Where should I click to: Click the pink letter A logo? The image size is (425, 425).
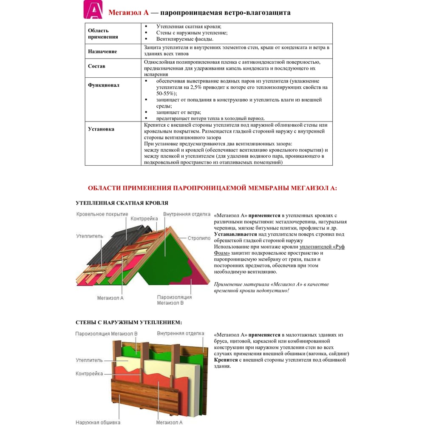pos(93,10)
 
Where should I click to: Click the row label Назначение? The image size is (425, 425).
pos(102,51)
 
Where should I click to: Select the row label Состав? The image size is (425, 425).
pos(96,66)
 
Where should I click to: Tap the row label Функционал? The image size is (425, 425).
pos(104,85)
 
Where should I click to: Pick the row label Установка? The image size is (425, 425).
pos(101,129)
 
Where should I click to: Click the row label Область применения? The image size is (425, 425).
pos(103,34)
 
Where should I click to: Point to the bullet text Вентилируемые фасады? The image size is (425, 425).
pos(181,39)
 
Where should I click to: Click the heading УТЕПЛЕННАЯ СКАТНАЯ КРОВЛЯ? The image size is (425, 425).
pos(122,203)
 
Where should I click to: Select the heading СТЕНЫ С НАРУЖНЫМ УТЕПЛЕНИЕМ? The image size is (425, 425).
pos(129,323)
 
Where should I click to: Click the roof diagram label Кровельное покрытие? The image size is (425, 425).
pos(102,215)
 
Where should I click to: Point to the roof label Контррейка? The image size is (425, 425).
pos(144,218)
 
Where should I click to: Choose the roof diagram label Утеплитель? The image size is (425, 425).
pos(90,236)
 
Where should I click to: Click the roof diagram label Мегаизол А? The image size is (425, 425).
pos(110,298)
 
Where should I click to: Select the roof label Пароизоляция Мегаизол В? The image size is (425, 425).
pos(174,300)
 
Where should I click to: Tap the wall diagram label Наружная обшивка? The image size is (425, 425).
pos(98,422)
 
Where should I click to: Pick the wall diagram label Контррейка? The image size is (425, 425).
pos(89,374)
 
